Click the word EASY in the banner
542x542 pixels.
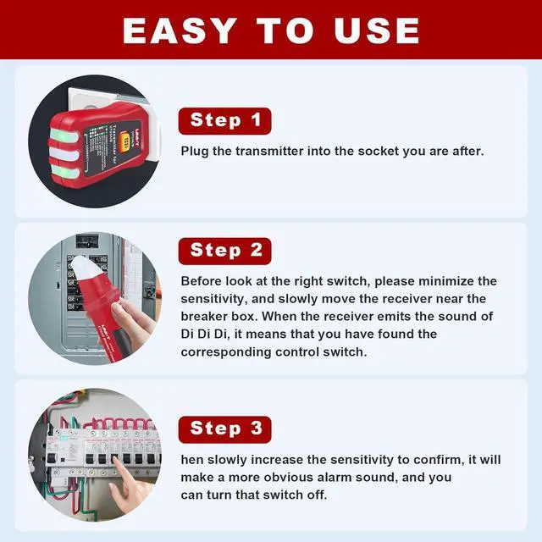[180, 30]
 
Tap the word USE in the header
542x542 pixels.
[377, 30]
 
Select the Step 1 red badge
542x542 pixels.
[224, 121]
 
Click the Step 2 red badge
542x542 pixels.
[224, 251]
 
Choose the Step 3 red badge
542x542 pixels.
[224, 429]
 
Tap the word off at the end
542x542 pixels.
[318, 495]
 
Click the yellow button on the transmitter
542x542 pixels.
[127, 141]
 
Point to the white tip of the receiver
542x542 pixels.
[83, 268]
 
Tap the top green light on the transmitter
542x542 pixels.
[64, 135]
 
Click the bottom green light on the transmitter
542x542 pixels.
[65, 171]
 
